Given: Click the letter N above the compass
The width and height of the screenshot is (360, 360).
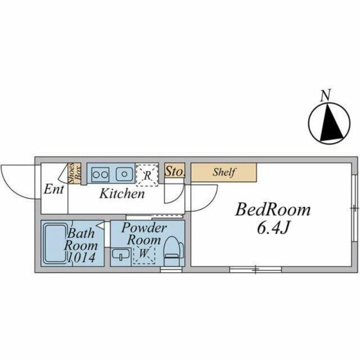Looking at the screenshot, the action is [326, 95].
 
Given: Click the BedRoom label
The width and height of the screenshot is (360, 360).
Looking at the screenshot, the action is [273, 210].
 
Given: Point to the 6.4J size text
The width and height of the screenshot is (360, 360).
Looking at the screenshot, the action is [272, 228].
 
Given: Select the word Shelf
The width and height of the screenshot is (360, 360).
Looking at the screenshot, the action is [224, 172].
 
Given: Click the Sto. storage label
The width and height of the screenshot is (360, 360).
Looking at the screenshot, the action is [175, 171].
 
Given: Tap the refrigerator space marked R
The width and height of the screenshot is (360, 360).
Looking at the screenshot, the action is [147, 174].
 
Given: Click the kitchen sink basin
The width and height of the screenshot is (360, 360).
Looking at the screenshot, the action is [124, 174].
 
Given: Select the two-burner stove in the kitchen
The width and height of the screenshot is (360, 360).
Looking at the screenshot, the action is [100, 174].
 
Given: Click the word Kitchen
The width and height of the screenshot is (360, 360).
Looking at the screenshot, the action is [122, 193].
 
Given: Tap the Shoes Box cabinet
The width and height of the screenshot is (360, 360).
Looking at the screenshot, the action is [75, 173].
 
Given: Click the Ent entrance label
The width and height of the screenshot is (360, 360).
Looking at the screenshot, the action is [54, 190].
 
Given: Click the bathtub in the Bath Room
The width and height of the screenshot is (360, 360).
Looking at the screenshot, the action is [55, 244].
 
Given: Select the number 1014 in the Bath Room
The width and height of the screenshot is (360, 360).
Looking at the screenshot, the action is [82, 258].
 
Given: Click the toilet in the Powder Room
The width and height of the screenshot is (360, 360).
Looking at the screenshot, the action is [174, 251].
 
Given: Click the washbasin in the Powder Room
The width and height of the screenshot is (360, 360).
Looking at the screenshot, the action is [121, 255].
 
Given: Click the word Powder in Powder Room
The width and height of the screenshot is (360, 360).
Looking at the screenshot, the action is [144, 228].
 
